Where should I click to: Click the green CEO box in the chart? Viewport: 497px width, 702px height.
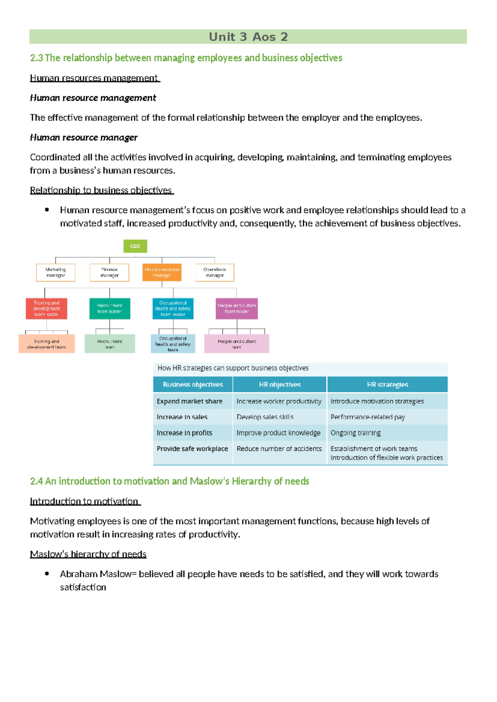(135, 246)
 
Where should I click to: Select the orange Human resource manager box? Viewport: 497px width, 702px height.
(162, 272)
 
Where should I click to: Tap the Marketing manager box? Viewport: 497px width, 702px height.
(55, 272)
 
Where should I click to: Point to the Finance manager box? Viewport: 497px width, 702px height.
(109, 272)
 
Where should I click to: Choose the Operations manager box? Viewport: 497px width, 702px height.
(215, 272)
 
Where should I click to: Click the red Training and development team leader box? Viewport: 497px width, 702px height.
(46, 308)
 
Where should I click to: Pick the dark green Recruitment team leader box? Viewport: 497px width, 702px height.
(110, 308)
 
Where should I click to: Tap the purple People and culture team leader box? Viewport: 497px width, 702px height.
(236, 308)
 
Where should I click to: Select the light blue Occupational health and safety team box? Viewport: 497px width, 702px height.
(173, 344)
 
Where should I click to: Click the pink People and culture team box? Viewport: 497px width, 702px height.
(236, 344)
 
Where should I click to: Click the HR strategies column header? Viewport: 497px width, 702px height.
(387, 385)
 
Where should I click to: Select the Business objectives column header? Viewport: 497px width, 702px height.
(193, 385)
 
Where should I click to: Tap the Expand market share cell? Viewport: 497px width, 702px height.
(190, 401)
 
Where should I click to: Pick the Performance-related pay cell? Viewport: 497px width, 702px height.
(368, 417)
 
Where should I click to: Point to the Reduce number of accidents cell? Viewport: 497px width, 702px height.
(279, 449)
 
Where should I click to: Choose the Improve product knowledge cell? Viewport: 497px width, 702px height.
(278, 433)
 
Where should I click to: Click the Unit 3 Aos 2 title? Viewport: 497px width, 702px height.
(248, 37)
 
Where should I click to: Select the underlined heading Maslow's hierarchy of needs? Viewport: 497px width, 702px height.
(88, 554)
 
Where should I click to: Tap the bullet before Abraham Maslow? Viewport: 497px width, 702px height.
(47, 574)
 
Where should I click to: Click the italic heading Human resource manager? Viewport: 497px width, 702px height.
(84, 137)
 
